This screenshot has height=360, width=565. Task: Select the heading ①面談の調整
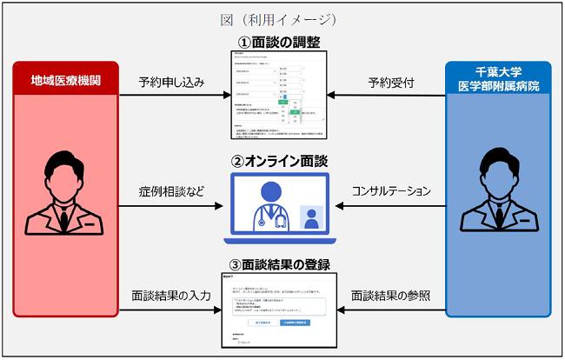pyautogui.click(x=280, y=40)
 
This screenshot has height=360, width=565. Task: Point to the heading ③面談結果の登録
pyautogui.click(x=280, y=265)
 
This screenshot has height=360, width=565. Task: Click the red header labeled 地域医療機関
pyautogui.click(x=65, y=79)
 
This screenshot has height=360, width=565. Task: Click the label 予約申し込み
pyautogui.click(x=171, y=83)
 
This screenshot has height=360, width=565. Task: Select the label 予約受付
pyautogui.click(x=391, y=83)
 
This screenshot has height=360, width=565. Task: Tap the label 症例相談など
pyautogui.click(x=171, y=190)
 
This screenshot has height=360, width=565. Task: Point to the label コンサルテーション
pyautogui.click(x=391, y=190)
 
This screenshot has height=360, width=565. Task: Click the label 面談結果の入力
pyautogui.click(x=171, y=296)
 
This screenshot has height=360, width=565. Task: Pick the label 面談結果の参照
pyautogui.click(x=391, y=296)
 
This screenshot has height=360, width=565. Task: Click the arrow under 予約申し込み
pyautogui.click(x=171, y=97)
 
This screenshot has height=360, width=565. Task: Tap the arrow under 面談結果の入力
pyautogui.click(x=171, y=310)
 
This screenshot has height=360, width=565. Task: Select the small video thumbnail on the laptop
pyautogui.click(x=309, y=217)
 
